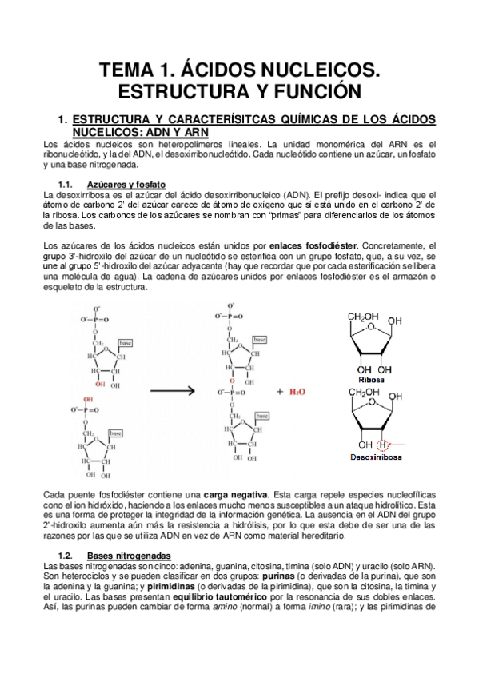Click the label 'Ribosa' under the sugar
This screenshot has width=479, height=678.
(373, 380)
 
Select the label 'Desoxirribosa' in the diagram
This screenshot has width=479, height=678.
(374, 457)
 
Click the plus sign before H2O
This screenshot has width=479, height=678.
(281, 393)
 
